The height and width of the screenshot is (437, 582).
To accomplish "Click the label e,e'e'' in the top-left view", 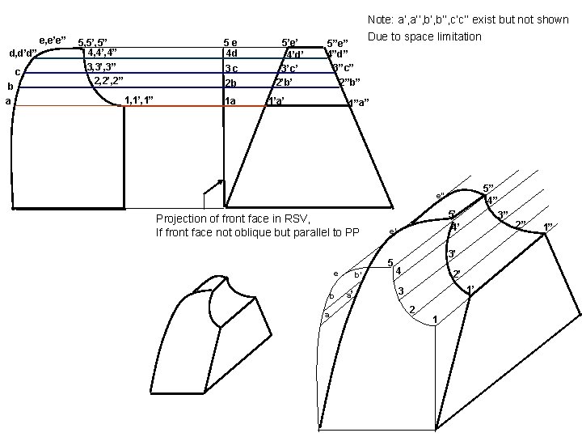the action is (x=53, y=39).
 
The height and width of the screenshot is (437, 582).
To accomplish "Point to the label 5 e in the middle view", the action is (x=230, y=41).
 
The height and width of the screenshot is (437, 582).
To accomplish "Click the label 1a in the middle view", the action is (x=230, y=101).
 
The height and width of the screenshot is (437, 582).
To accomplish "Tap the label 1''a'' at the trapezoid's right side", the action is (x=357, y=103).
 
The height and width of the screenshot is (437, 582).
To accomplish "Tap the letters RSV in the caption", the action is (x=297, y=218).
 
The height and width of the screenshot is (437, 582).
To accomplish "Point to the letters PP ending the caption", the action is (x=352, y=233).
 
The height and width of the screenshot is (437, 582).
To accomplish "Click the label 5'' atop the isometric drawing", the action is (x=487, y=188).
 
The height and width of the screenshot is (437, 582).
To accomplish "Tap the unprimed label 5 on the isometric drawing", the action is (x=390, y=262).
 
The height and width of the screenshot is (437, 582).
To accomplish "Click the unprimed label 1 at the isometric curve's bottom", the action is (x=435, y=321).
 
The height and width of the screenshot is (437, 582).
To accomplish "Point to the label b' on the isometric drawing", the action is (x=358, y=274).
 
